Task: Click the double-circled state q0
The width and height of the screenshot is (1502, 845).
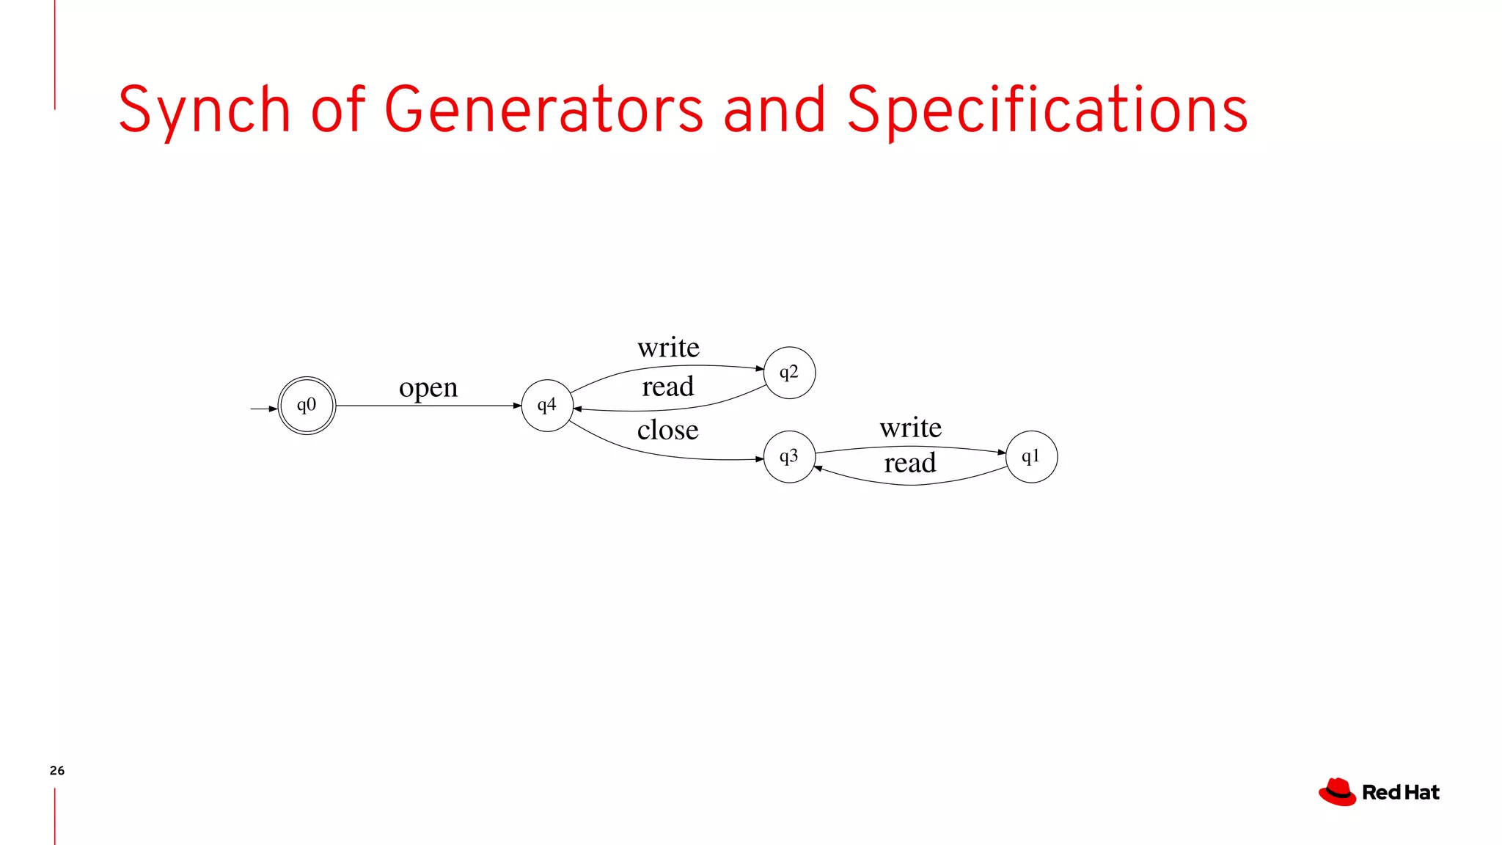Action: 307,406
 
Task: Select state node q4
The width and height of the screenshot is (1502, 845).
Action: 547,406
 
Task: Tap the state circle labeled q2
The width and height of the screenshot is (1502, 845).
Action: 789,373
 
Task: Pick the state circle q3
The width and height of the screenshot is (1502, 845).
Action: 789,457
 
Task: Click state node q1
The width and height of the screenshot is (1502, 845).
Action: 1031,457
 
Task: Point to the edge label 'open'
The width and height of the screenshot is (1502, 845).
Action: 428,387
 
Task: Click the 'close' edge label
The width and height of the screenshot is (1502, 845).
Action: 667,430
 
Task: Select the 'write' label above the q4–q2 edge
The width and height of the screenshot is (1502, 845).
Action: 668,347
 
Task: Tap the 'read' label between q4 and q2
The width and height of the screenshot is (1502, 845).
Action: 667,387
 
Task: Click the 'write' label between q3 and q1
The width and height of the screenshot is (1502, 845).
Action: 910,427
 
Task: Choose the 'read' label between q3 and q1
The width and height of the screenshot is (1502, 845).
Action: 910,463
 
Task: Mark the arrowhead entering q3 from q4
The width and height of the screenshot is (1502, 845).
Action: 759,459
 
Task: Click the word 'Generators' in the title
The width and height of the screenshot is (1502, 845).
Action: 543,110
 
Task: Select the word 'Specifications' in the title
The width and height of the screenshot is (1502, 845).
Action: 1047,110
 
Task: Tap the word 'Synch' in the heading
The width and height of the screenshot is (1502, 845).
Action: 205,110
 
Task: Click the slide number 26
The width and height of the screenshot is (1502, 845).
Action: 57,770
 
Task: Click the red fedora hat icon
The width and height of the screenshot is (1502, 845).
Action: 1337,792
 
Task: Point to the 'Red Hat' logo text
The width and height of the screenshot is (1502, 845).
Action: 1401,793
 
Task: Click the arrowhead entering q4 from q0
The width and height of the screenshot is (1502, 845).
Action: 517,406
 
